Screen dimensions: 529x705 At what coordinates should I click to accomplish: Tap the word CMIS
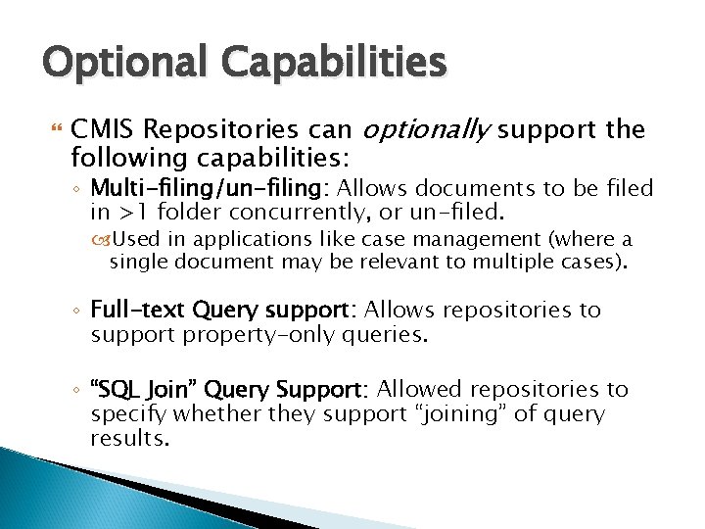(101, 130)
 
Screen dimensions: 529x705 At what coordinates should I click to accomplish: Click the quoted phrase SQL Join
(137, 390)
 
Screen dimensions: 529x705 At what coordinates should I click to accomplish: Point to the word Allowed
(412, 390)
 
